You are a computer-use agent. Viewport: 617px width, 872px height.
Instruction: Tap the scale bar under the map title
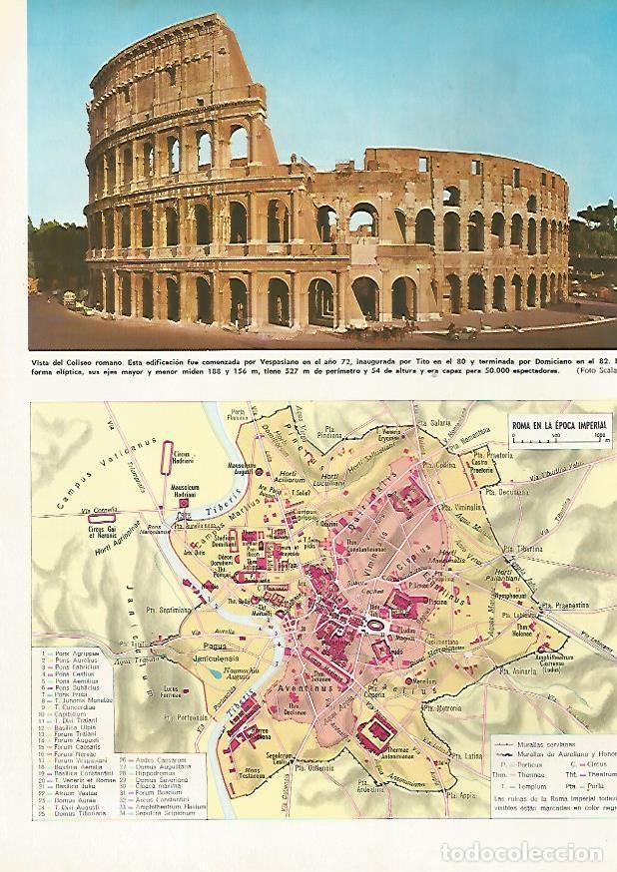558,438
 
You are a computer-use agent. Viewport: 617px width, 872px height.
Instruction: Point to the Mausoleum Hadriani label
185,491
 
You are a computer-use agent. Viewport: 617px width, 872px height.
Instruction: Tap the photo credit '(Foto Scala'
590,370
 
